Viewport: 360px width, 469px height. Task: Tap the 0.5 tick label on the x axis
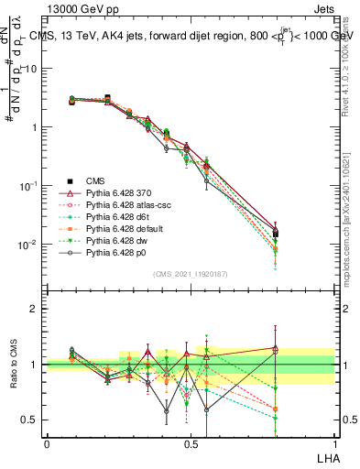[191, 443]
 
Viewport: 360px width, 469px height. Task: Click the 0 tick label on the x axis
[47, 443]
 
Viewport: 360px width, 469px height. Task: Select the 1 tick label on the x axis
[334, 443]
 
